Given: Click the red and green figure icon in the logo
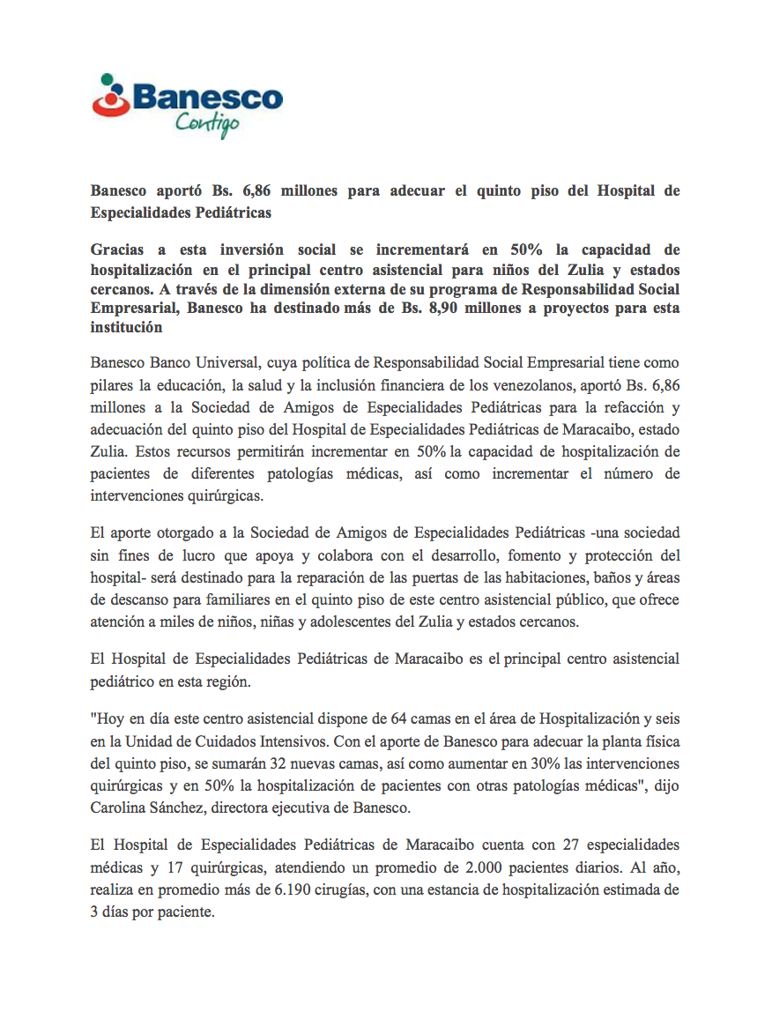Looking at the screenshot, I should pyautogui.click(x=110, y=96).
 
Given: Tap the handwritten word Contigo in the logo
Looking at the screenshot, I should pyautogui.click(x=207, y=124).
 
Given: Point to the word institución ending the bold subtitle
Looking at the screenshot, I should pyautogui.click(x=127, y=328).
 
